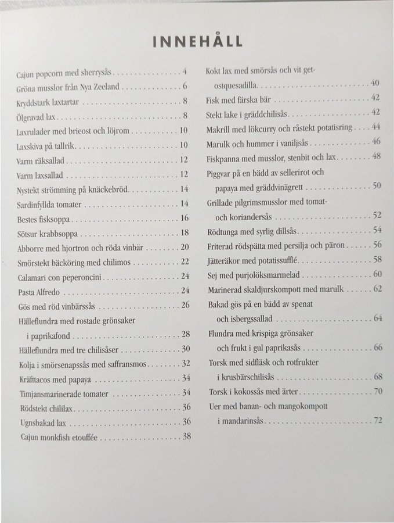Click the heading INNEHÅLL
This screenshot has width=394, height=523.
click(x=197, y=41)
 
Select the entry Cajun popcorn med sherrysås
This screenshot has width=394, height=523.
click(x=65, y=74)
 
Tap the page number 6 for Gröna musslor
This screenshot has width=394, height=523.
click(x=184, y=87)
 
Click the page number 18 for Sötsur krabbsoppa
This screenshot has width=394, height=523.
click(x=185, y=234)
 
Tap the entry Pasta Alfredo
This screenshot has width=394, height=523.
click(x=39, y=291)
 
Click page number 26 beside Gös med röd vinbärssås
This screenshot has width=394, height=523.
click(x=186, y=305)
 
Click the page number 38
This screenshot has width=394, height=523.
click(x=186, y=436)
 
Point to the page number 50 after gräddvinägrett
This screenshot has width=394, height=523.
click(x=377, y=186)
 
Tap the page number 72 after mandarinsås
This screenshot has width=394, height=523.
click(x=378, y=420)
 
